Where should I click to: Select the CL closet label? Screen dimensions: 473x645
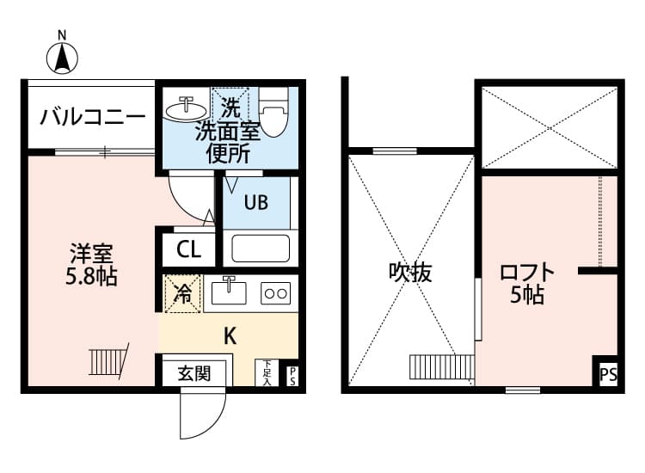pos(188,250)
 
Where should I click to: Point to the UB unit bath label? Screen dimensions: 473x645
pos(255,203)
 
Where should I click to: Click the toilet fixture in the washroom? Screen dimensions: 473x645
pos(273,114)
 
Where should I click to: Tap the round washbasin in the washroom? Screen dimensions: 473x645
pos(185,108)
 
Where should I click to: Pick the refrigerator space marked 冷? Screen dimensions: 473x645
pos(182,293)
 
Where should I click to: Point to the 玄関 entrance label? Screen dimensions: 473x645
pos(194,374)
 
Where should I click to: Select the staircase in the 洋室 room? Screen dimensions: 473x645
pos(107,361)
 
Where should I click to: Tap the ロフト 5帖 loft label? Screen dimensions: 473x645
pos(527,283)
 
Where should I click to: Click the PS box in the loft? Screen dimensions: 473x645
pos(608,374)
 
